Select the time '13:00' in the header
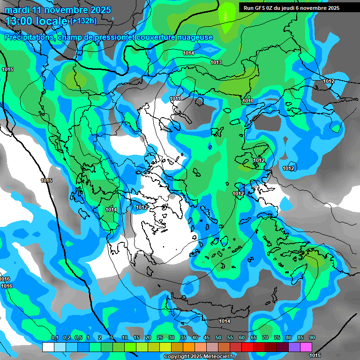coord(20,21)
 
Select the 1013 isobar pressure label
coord(216,62)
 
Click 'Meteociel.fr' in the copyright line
coord(218,357)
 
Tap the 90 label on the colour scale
coord(312,337)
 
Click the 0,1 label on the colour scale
coord(54,337)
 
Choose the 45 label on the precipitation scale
coord(207,337)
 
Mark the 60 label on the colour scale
coord(242,337)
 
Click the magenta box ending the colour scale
coord(306,347)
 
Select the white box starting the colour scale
coord(48,347)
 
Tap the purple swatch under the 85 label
coord(294,347)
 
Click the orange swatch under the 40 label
coord(188,347)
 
